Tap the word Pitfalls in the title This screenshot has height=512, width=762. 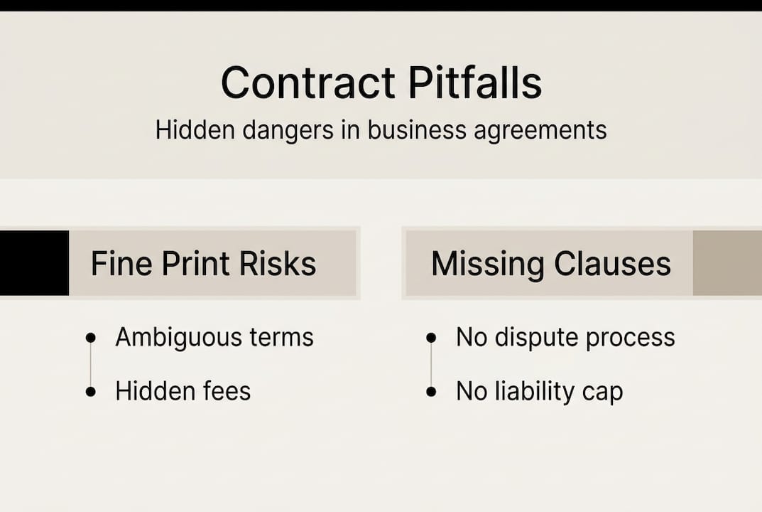tap(475, 83)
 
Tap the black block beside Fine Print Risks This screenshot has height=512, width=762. tap(34, 262)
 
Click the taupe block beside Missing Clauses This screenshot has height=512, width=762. tap(726, 262)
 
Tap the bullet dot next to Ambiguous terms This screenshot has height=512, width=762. tap(90, 338)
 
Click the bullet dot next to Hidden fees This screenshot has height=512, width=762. tap(90, 392)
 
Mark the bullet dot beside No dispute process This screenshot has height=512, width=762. tap(431, 338)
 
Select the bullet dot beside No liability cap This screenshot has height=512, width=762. tap(431, 392)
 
